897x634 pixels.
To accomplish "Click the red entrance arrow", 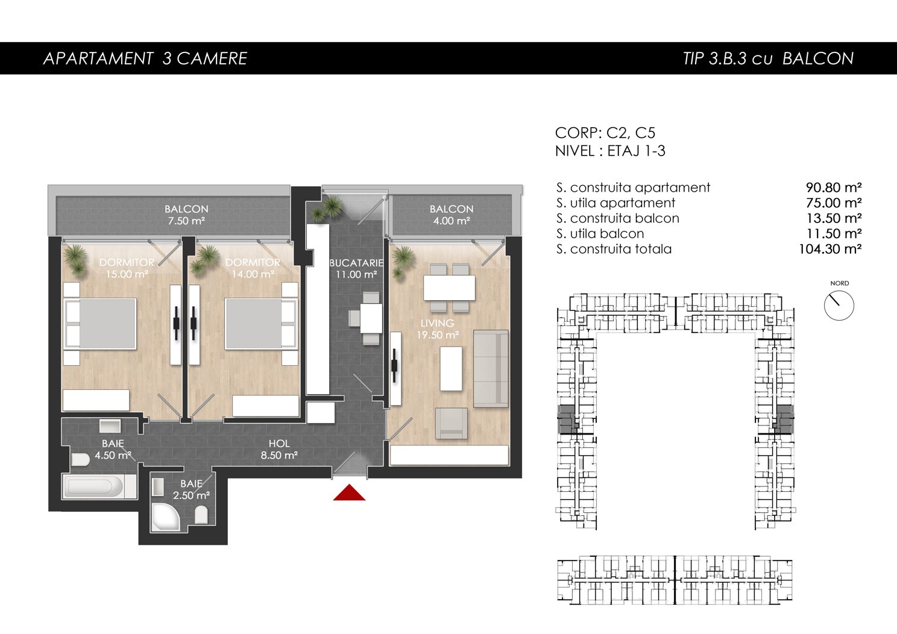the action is point(349,493).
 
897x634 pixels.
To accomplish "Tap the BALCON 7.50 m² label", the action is point(186,215).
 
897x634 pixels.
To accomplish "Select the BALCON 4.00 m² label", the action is point(452,215).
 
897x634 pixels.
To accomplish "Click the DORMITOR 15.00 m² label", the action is point(127,268).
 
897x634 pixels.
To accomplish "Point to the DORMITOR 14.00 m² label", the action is point(253,268).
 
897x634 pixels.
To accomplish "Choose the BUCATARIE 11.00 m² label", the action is point(356,269).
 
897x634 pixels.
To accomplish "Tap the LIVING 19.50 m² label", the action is point(437,328).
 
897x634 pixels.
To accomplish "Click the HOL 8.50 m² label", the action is point(279,449).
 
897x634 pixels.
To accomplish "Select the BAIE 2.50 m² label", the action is point(192,489).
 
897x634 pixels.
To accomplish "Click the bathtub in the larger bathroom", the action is point(99,487).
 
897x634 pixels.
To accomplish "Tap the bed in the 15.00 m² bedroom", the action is point(101,324).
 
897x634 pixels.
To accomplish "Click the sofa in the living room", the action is point(491,369).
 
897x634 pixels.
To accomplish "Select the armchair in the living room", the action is point(452,423).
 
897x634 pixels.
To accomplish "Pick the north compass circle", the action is point(839,306).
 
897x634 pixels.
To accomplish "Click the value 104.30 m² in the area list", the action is point(830,249).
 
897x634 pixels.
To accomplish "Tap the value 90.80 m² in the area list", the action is point(834,187).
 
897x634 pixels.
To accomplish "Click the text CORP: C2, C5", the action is point(605,133).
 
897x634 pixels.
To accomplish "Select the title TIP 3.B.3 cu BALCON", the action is point(768,58).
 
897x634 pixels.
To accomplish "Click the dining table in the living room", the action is point(449,287).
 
